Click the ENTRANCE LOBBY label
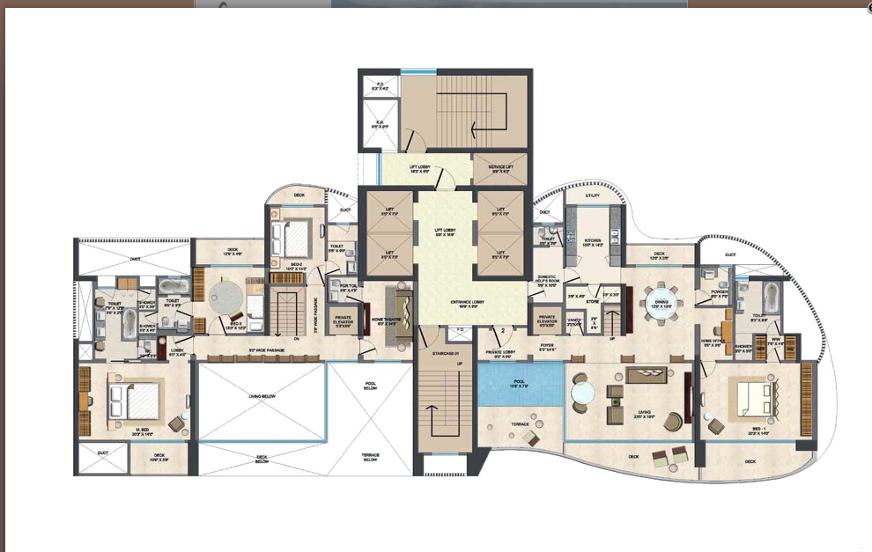click(471, 304)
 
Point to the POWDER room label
click(714, 295)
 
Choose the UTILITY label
click(592, 195)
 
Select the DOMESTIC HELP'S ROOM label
click(547, 281)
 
